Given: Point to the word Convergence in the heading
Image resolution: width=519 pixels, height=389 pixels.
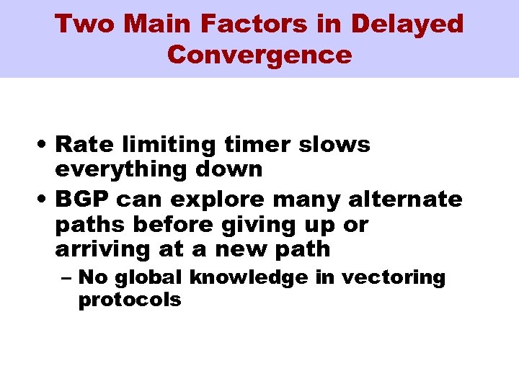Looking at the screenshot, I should point(259,55).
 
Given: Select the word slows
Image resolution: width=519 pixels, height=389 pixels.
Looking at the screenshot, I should point(335,144).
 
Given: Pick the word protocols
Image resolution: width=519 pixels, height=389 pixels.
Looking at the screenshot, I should point(130,300).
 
